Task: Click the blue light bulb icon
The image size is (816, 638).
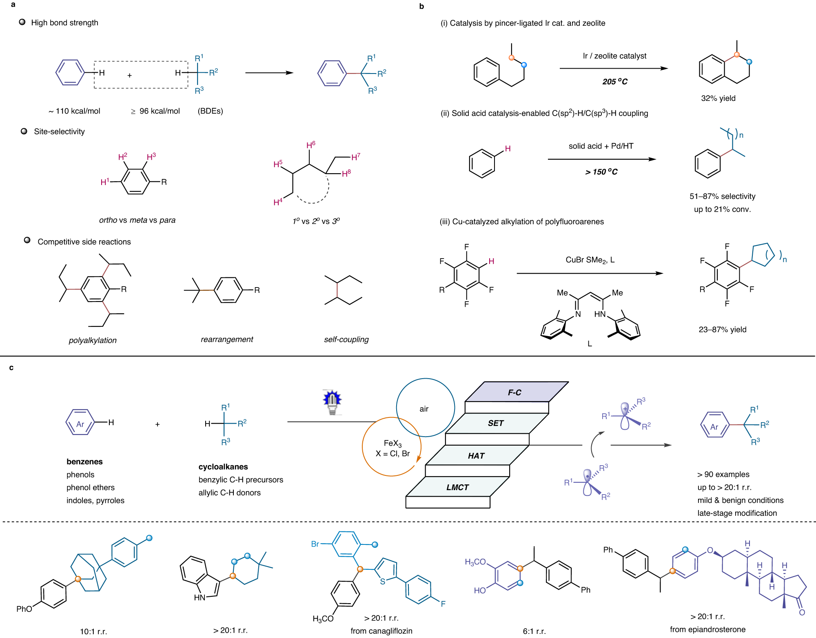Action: [332, 402]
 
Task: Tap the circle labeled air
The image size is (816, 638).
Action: [424, 408]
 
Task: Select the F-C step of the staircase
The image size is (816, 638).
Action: [514, 393]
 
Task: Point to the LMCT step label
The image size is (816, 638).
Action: [457, 487]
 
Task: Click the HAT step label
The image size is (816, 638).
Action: [476, 456]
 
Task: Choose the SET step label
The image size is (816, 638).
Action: [496, 423]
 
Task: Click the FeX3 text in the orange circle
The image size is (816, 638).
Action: [392, 444]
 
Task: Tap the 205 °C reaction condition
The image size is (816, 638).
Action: [615, 82]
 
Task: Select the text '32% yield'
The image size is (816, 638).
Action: [718, 98]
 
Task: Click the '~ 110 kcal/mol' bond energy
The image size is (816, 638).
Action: [75, 111]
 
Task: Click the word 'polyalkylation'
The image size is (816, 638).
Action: [93, 340]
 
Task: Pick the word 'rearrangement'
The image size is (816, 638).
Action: [227, 339]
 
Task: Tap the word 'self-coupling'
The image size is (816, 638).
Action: [346, 339]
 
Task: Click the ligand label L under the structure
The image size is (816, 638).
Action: [590, 344]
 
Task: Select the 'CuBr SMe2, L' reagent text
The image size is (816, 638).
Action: [590, 260]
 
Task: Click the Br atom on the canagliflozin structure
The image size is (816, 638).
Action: [315, 544]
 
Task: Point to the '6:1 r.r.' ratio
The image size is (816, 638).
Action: [534, 631]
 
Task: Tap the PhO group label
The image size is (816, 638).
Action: [24, 609]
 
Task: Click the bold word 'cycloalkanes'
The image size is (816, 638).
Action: [223, 467]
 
